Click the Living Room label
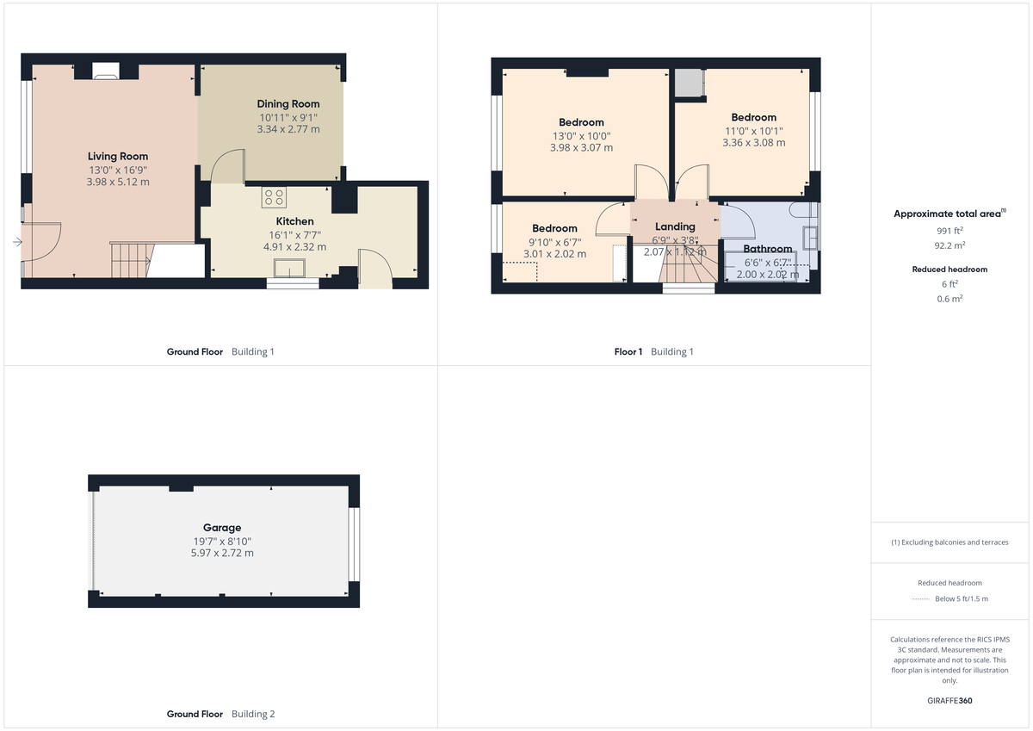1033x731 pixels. (117, 156)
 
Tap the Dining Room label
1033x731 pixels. (288, 103)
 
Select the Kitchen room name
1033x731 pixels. (294, 221)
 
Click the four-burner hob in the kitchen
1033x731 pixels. (274, 197)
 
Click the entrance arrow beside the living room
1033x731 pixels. (17, 243)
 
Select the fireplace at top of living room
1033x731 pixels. (107, 71)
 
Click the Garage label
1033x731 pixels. (222, 528)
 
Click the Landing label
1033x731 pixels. (675, 226)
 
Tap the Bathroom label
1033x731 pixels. (767, 249)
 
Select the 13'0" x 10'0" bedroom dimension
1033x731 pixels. (581, 135)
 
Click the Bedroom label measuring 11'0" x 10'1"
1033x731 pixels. (753, 117)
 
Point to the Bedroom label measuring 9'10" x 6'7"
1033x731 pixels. (554, 228)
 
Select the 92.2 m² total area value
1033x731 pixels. (950, 245)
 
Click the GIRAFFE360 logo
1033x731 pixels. (950, 701)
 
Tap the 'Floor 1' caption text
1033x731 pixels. (628, 351)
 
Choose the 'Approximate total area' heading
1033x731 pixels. (947, 214)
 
